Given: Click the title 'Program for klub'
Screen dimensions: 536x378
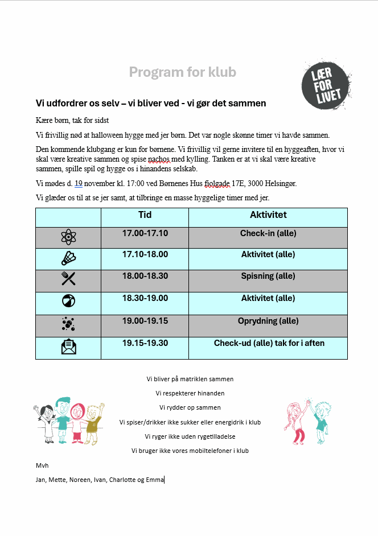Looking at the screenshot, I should [182, 72].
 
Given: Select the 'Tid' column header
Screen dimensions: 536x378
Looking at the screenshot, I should [145, 215].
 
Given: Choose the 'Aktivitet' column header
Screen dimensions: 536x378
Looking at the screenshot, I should [268, 215].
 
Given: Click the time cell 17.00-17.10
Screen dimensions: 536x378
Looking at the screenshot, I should [145, 233].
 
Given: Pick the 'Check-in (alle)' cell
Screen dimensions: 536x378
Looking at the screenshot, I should [268, 233].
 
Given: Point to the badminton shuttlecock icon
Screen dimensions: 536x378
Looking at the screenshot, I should [68, 258].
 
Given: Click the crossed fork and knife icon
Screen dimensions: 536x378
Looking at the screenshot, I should [68, 278].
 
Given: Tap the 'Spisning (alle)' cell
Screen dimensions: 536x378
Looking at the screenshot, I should [268, 276].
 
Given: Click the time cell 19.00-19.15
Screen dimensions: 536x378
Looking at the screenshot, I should [145, 321].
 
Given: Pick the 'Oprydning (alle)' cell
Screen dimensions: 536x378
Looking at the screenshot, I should [268, 321].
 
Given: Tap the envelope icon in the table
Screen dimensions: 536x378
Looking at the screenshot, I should [68, 346].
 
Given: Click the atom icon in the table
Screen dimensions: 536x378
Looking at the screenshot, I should [68, 236].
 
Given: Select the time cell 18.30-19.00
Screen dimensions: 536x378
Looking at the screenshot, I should [145, 298].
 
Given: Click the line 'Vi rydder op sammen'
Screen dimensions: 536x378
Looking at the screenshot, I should [190, 407].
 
